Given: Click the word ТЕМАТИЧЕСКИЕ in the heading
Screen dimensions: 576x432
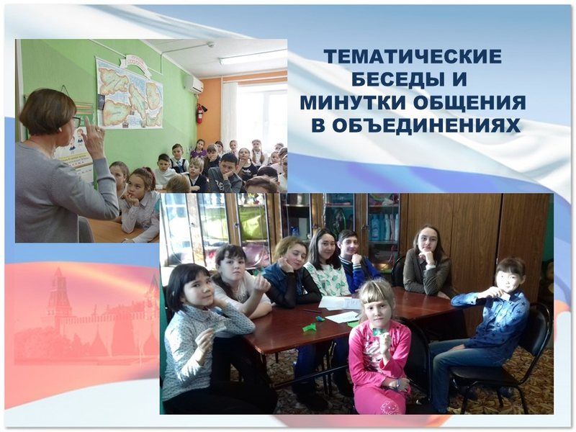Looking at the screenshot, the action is [413, 57].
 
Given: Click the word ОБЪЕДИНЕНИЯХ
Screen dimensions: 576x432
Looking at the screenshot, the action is [426, 125].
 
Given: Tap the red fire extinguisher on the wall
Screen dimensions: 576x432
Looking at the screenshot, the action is [200, 113].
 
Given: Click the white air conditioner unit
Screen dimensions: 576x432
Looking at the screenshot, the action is [193, 85].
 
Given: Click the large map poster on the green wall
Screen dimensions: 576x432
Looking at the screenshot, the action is [130, 94].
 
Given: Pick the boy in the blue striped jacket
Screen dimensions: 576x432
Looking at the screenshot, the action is [356, 262].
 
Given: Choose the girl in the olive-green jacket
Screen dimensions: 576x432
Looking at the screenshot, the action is [427, 263].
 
